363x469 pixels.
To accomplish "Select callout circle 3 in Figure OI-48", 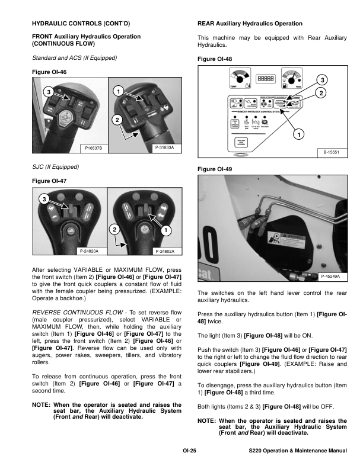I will click(321, 79).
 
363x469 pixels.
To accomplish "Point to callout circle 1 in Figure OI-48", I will click(300, 134).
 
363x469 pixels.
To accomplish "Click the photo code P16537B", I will click(94, 147).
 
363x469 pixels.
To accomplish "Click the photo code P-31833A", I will click(164, 147).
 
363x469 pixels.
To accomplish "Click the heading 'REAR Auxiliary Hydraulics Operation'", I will click(249, 24).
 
